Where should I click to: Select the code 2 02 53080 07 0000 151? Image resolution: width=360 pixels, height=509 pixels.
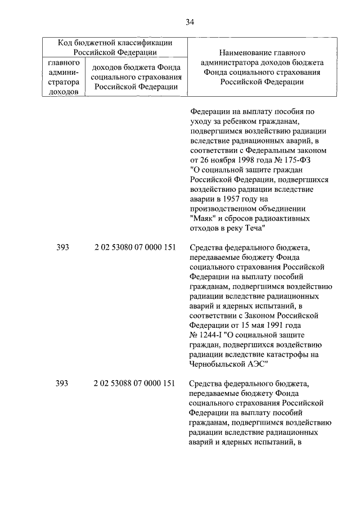(x=134, y=247)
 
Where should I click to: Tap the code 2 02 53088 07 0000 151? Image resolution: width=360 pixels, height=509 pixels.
(x=134, y=384)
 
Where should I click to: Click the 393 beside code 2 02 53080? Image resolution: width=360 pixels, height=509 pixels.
(x=62, y=247)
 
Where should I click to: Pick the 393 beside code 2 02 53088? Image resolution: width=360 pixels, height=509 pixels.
(x=62, y=384)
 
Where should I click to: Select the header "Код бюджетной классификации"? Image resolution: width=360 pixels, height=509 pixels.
(x=115, y=42)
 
